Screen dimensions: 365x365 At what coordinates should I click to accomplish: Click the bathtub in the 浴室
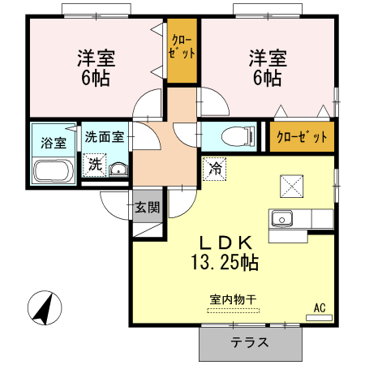pos(53,171)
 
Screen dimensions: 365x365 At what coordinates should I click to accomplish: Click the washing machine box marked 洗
pos(96,164)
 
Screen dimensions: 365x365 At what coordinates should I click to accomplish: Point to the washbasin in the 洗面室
pos(119,169)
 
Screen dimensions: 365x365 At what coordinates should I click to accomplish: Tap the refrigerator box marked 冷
pos(215,169)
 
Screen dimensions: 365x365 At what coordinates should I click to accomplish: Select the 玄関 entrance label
pos(147,207)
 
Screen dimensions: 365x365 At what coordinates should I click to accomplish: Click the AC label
pos(320,307)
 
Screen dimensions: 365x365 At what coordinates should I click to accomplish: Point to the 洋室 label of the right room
pos(267,58)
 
